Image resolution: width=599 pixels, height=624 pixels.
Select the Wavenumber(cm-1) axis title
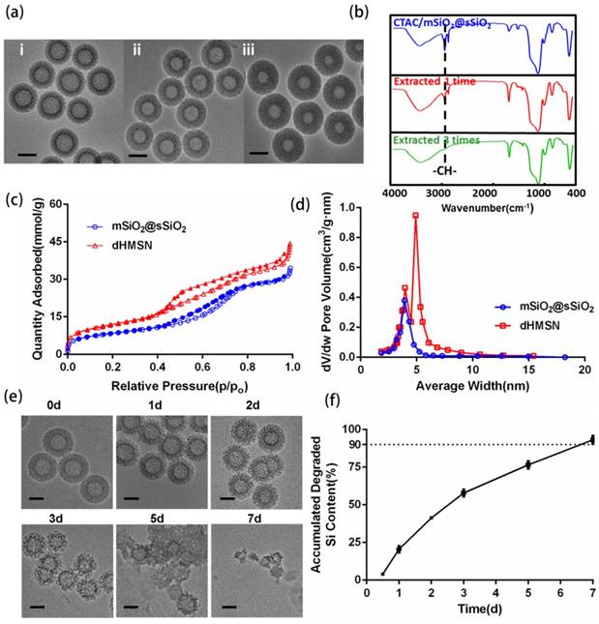coord(484,207)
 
